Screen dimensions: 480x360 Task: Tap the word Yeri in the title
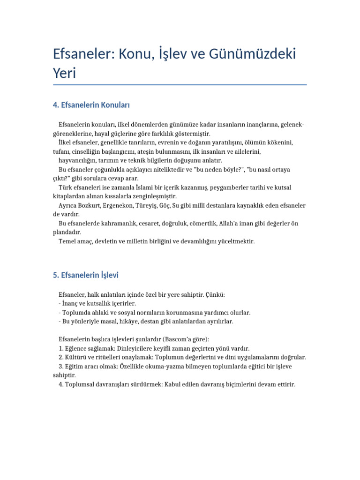[64, 74]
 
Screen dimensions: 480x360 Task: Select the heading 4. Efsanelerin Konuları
[91, 105]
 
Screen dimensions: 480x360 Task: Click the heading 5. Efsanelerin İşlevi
[89, 275]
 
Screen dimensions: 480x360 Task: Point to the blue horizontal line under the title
[180, 85]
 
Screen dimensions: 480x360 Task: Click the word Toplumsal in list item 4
[80, 384]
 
